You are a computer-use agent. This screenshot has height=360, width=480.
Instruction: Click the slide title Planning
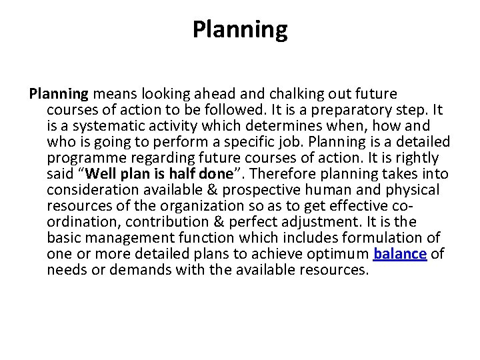[240, 29]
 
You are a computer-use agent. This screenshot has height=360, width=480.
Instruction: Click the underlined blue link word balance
[400, 254]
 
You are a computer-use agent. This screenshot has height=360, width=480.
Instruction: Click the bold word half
[176, 174]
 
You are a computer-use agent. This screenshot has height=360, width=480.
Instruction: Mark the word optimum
[337, 254]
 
